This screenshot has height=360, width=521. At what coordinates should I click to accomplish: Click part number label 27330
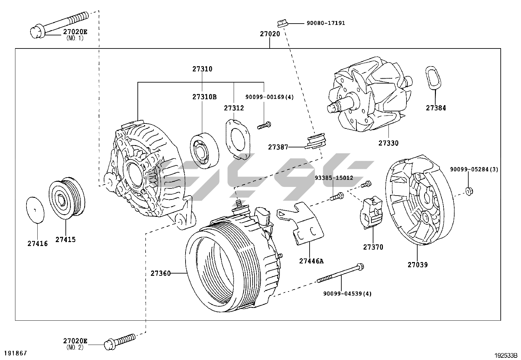(x=388, y=143)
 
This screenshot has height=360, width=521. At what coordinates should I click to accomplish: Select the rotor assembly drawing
(x=370, y=95)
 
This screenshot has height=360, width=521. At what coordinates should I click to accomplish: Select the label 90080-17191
(x=326, y=23)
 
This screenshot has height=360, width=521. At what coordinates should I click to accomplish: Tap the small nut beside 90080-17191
(x=282, y=23)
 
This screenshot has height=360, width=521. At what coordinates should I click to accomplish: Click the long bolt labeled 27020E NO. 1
(x=59, y=23)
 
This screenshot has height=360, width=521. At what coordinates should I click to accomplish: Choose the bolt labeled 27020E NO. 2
(x=119, y=340)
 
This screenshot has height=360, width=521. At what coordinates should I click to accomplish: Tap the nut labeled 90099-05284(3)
(x=469, y=191)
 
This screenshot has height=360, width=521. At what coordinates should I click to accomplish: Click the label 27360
(x=160, y=273)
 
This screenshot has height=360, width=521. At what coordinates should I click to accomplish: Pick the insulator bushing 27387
(x=316, y=141)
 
